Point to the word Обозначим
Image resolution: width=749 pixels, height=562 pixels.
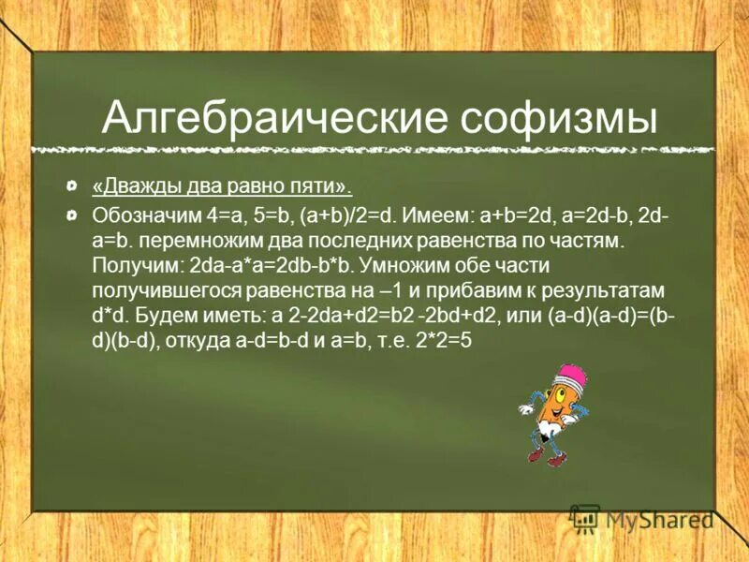136,215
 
